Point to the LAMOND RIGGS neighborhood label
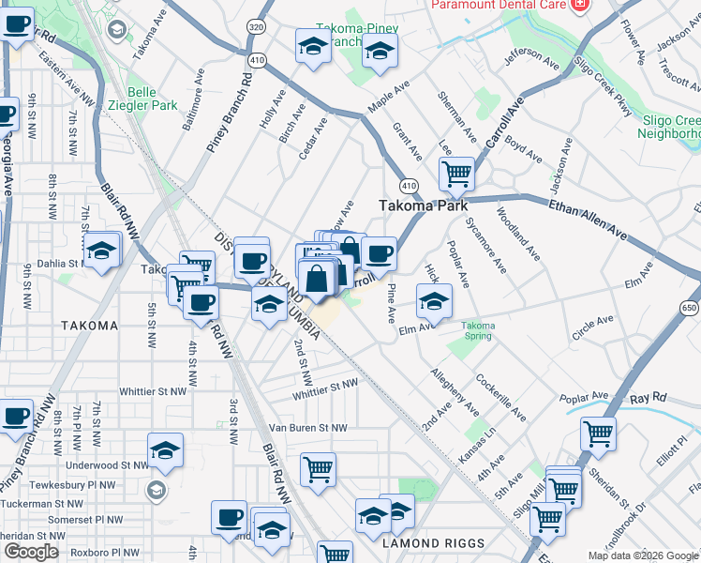point(433,543)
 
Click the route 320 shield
point(256,28)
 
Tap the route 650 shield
point(690,308)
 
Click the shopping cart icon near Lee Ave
point(456,173)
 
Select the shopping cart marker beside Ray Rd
point(598,434)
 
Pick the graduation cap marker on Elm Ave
point(434,302)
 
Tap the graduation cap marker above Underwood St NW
point(166,450)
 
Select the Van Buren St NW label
point(307,428)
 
